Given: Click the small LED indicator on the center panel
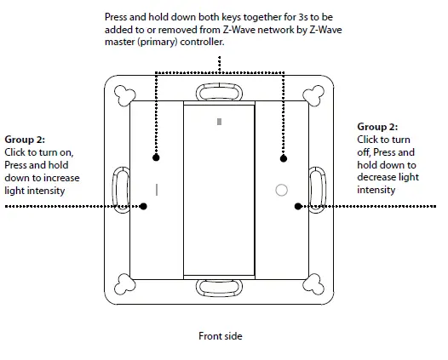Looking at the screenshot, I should [219, 123].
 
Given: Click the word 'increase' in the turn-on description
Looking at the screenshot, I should [60, 178].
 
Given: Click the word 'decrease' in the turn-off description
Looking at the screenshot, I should [376, 178].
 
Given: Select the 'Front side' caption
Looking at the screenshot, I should [221, 336].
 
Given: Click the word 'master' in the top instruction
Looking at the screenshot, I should [120, 42].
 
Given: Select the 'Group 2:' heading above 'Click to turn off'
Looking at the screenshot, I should [377, 127].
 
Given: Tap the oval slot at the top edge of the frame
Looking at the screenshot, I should [219, 91].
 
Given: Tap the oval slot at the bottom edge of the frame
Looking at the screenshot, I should [219, 288].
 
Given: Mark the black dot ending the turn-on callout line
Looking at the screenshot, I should [143, 206].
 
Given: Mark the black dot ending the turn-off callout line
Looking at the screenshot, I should [296, 206].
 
